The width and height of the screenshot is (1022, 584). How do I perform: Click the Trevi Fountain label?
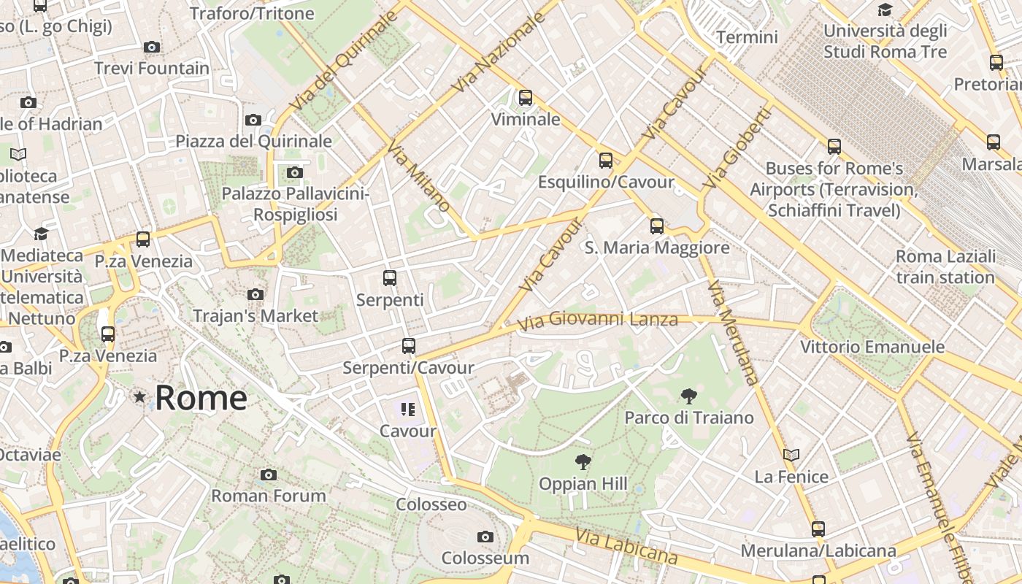[152, 69]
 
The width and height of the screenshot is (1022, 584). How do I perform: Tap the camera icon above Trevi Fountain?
[152, 47]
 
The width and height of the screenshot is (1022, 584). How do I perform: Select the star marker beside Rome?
[139, 397]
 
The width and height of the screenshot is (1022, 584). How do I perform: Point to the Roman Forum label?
[269, 496]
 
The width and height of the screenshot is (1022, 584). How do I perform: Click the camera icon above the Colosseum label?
[485, 537]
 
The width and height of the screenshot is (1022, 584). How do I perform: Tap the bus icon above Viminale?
[526, 97]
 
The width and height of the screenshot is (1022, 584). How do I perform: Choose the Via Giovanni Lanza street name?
[597, 320]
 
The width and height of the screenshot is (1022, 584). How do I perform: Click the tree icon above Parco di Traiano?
[688, 397]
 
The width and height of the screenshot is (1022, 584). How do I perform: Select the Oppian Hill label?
[583, 483]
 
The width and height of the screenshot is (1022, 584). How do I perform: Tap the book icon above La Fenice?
[791, 455]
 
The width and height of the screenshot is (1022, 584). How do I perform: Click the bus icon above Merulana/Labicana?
[818, 529]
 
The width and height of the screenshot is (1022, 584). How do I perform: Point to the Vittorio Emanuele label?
[872, 347]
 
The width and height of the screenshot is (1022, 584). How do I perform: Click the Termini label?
[747, 36]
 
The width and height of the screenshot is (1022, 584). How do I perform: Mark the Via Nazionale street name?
[499, 52]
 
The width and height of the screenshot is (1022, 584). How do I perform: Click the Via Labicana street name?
[626, 546]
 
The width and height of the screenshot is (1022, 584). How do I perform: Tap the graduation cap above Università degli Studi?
[885, 10]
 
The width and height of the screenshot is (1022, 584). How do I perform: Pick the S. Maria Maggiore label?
[657, 247]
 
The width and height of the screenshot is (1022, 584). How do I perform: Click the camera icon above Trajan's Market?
[255, 294]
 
